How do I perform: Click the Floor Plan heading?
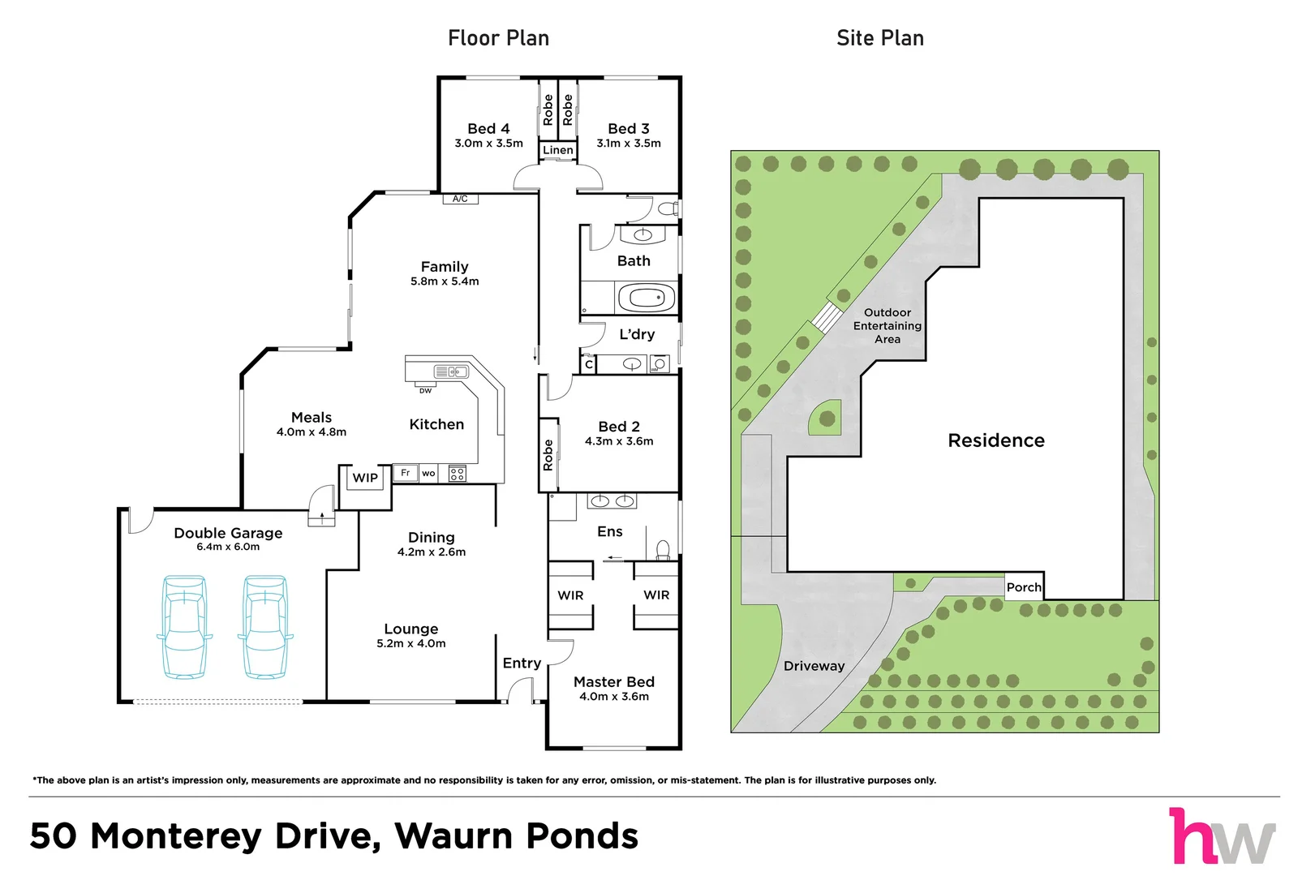click(x=498, y=38)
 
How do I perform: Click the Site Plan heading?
click(x=880, y=38)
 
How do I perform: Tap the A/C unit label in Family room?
click(x=460, y=199)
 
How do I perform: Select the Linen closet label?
click(x=557, y=150)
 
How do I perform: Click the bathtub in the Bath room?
click(x=646, y=298)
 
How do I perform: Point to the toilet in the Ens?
click(x=663, y=550)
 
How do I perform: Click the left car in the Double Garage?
click(x=184, y=626)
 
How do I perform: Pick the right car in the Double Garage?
click(x=265, y=626)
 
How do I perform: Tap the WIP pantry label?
click(x=365, y=478)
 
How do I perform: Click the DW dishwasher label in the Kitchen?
click(x=426, y=390)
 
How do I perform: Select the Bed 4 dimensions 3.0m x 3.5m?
click(x=488, y=144)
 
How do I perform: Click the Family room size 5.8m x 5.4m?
click(x=445, y=281)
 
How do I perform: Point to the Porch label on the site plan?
click(x=1024, y=587)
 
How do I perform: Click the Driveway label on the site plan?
click(x=814, y=666)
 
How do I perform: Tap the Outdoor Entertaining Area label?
click(x=887, y=326)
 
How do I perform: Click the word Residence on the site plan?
click(x=996, y=440)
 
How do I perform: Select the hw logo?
click(x=1223, y=836)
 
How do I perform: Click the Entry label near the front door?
click(x=522, y=663)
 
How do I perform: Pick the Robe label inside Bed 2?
click(x=548, y=455)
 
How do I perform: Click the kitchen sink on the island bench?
click(x=451, y=371)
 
